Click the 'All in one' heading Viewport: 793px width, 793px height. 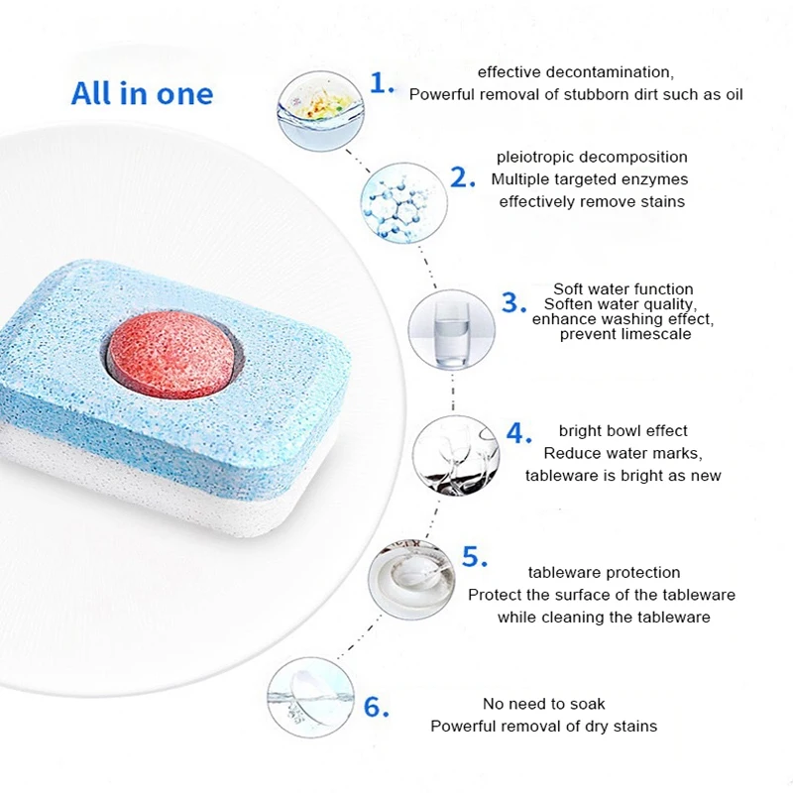(x=142, y=94)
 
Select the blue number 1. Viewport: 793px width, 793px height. (x=382, y=83)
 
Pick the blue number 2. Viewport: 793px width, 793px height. (x=464, y=177)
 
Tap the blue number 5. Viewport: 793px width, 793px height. (x=475, y=558)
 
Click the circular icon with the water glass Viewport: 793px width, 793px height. (x=451, y=330)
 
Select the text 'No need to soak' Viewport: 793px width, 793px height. (x=543, y=704)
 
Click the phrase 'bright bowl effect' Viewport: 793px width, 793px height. (x=623, y=430)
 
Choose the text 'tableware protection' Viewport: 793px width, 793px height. (x=604, y=572)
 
